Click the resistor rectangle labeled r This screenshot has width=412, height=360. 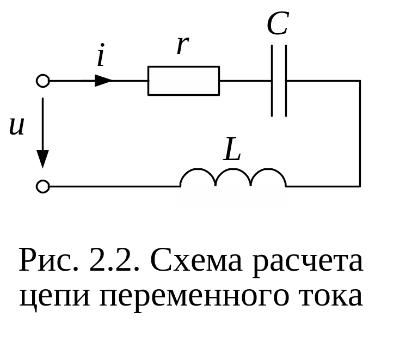tap(183, 81)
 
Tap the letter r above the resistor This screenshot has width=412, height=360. tap(182, 46)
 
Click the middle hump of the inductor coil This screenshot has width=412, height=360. tap(233, 177)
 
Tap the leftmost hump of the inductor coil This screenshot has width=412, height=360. tap(198, 177)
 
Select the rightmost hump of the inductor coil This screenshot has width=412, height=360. tap(268, 177)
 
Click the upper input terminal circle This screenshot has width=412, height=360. tap(42, 81)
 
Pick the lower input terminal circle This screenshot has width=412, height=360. tap(42, 187)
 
